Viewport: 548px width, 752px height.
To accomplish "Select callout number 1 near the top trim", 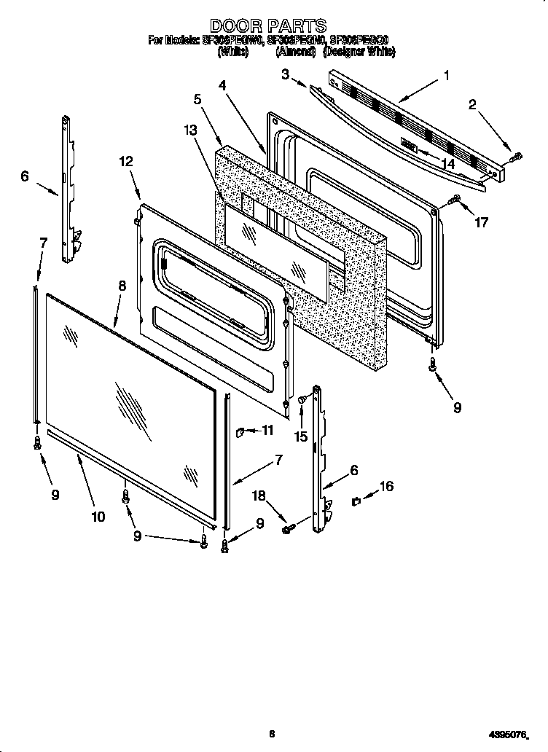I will point(446,74).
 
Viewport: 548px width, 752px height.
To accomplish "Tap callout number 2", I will point(286,73).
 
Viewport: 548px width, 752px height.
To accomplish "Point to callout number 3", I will point(222,85).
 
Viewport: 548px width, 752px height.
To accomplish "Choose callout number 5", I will point(190,130).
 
